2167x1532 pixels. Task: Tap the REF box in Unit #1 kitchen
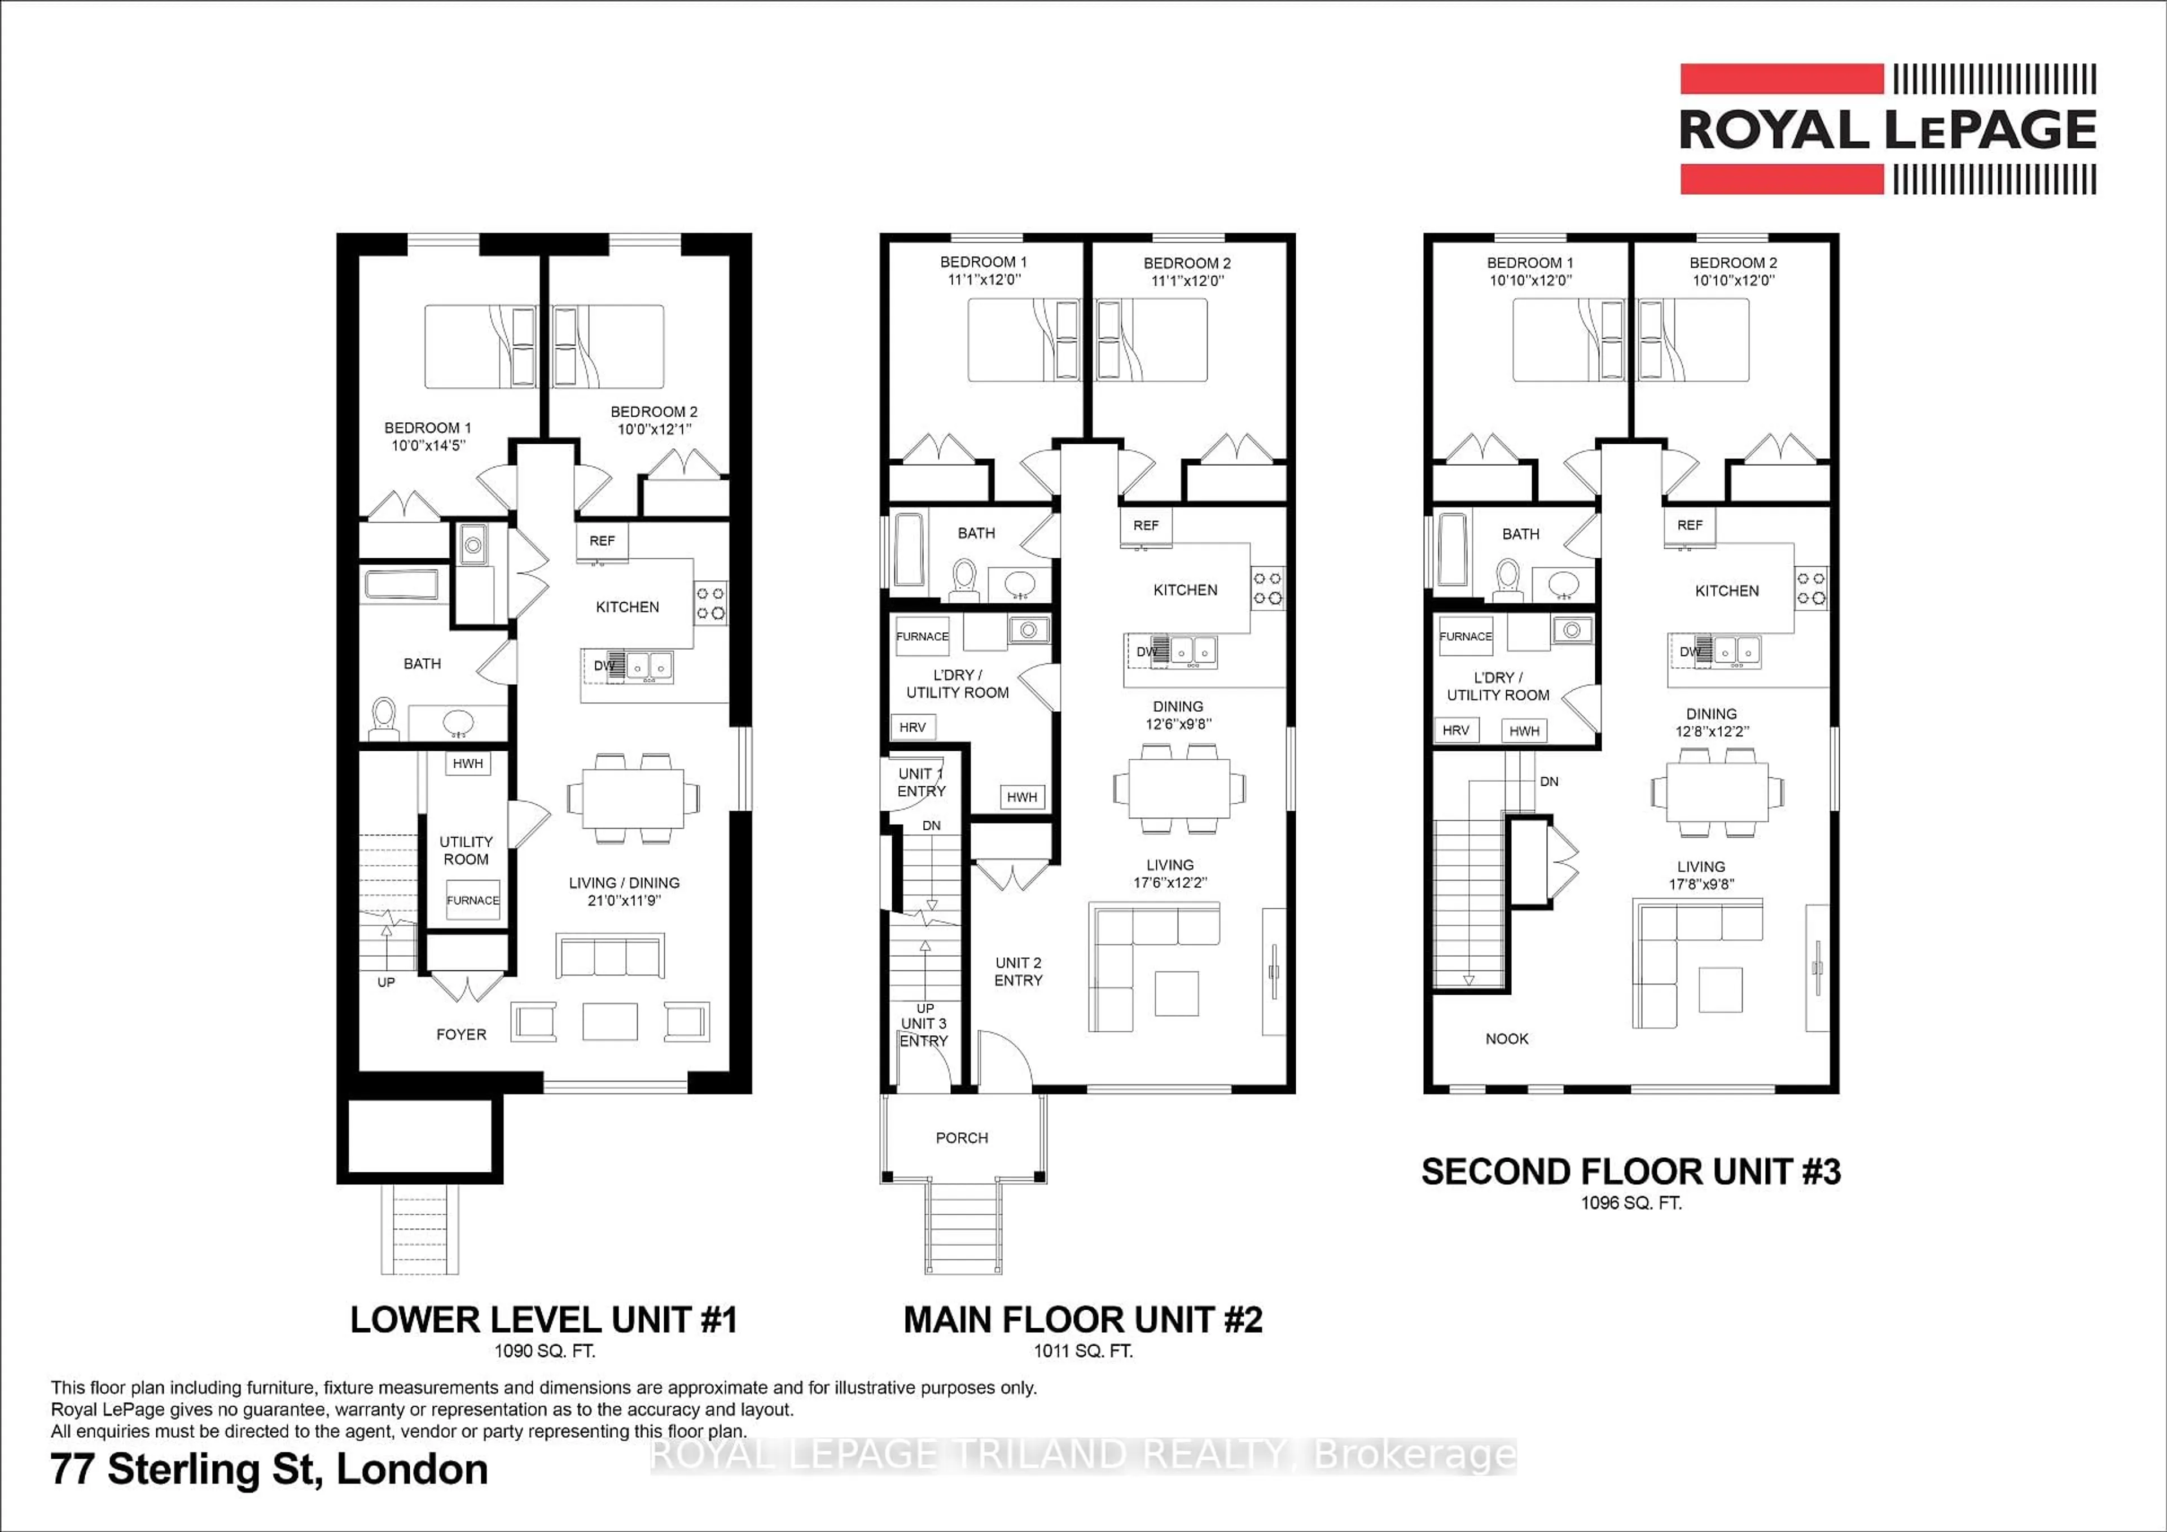(601, 541)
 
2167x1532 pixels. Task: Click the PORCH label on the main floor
(962, 1139)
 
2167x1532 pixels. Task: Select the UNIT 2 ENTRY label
(1019, 971)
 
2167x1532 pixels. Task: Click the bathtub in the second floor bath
(1453, 550)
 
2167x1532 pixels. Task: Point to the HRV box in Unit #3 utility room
(1455, 730)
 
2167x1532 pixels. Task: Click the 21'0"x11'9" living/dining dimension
(624, 900)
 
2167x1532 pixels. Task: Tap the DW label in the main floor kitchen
(1146, 652)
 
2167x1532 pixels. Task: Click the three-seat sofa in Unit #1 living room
(609, 956)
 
